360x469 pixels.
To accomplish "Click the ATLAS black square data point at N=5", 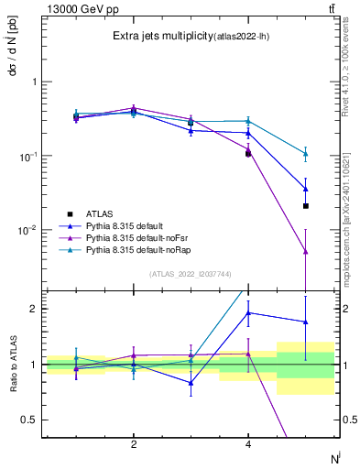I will (x=305, y=206).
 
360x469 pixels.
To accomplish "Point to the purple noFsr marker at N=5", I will (x=305, y=251).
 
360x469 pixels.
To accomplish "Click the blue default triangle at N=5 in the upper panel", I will (x=305, y=189).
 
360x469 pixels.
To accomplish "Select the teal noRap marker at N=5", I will (x=305, y=154).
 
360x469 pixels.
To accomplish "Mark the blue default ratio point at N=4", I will (x=248, y=312).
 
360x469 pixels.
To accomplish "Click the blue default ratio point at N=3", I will (x=191, y=383).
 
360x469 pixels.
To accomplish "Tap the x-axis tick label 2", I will (x=134, y=444).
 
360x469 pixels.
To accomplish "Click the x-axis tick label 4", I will (x=248, y=444).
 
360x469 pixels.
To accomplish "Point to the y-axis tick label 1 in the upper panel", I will (x=34, y=82).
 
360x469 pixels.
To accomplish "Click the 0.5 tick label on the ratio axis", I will (x=29, y=420).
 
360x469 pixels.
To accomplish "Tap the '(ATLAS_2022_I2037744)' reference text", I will (x=191, y=274).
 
